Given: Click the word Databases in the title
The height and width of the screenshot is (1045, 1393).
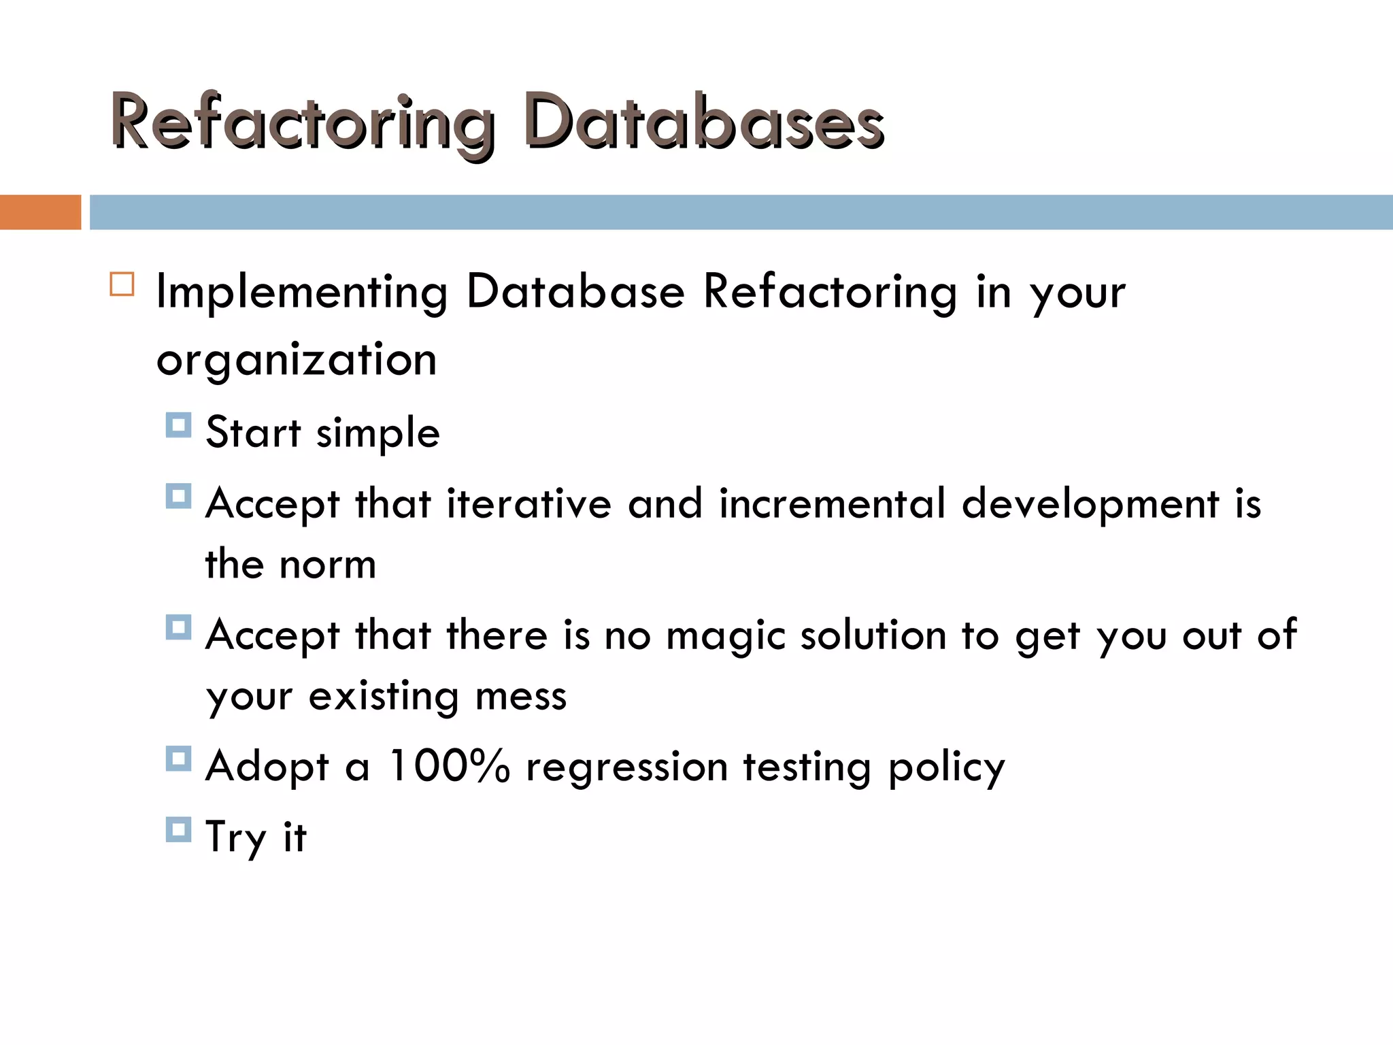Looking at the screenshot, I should [x=704, y=122].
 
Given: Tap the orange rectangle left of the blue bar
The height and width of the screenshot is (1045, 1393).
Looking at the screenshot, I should [x=40, y=212].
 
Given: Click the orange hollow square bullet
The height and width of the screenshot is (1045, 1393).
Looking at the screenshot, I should [x=122, y=284].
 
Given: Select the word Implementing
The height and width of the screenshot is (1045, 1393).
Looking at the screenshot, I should [x=302, y=293].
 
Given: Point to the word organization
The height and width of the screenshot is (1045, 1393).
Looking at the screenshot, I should [x=297, y=361].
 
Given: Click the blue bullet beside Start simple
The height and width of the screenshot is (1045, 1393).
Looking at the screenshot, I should [x=178, y=425].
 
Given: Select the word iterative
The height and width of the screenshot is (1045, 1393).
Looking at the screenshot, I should [x=528, y=504].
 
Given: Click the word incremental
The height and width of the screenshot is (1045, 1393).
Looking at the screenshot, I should [x=833, y=504].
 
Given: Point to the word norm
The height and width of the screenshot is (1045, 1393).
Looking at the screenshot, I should [x=328, y=565].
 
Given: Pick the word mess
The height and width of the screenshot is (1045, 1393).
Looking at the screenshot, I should [x=521, y=697].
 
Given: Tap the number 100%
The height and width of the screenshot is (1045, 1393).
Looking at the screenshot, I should [x=449, y=766].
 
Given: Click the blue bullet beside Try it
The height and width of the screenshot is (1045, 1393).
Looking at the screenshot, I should [x=178, y=829].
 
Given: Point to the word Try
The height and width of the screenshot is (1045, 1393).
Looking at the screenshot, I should [x=235, y=838].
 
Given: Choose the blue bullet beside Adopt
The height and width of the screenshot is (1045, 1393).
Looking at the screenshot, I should [x=178, y=758].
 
